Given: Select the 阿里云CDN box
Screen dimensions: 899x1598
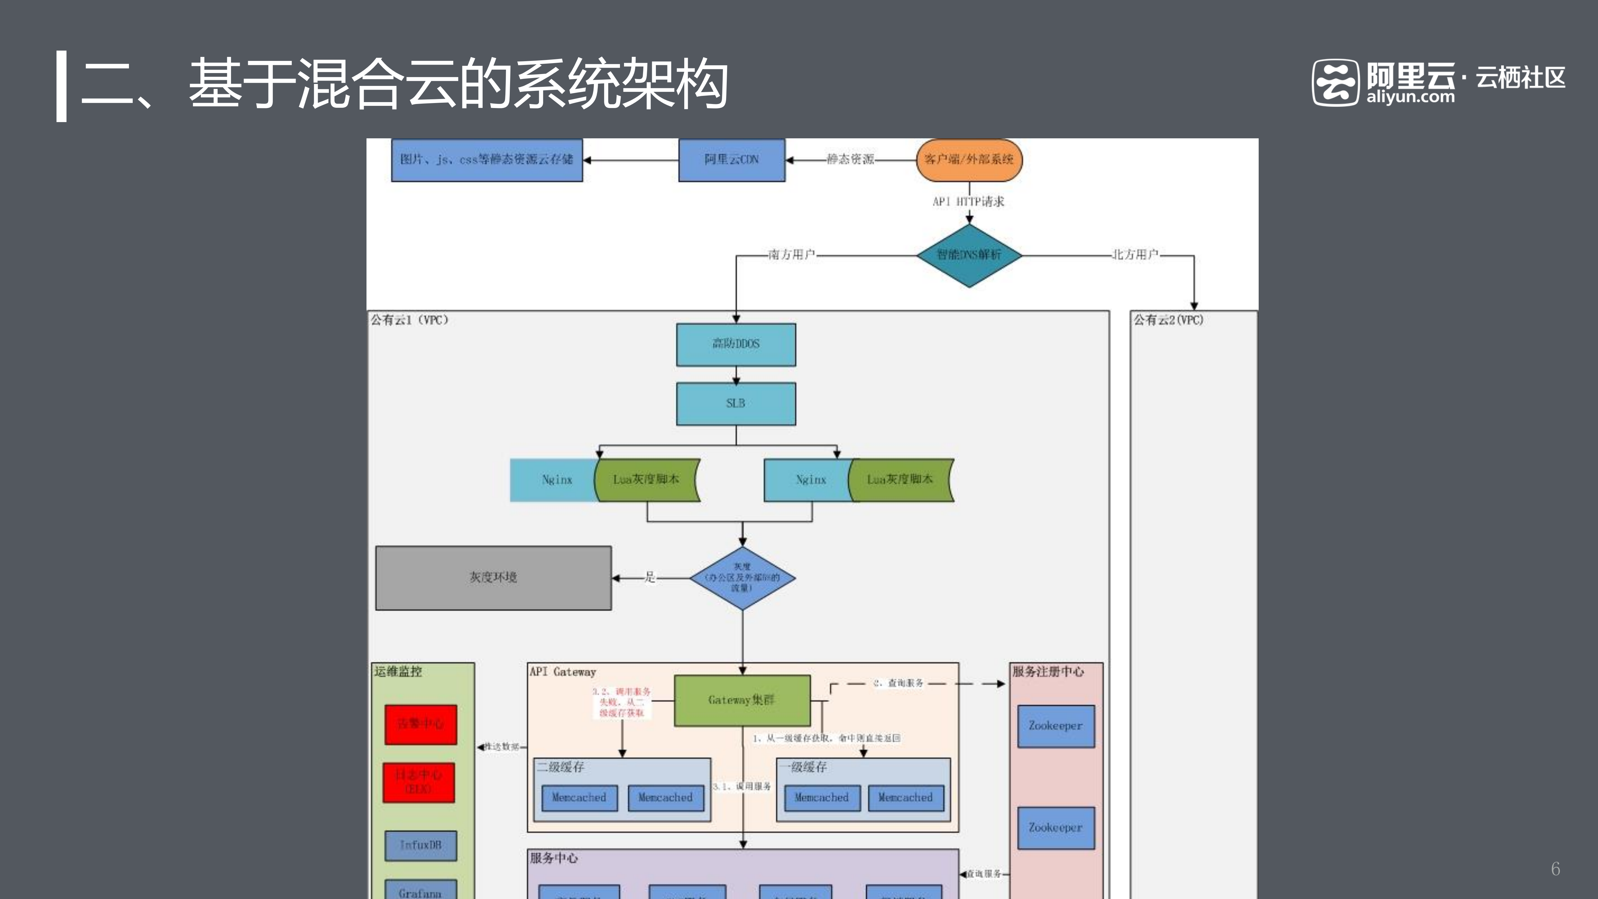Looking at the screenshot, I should click(731, 160).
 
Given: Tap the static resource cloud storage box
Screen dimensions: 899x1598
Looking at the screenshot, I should click(486, 160).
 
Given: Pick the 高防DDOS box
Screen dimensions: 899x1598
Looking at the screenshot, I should click(736, 344).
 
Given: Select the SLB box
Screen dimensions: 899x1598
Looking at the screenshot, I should click(736, 403).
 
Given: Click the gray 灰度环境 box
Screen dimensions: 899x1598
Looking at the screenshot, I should click(493, 578).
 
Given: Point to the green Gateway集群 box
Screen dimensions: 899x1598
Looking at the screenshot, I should click(742, 700).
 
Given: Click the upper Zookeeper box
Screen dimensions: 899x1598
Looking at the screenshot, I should click(1055, 725).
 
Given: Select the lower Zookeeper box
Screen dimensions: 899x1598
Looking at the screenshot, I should click(1055, 828).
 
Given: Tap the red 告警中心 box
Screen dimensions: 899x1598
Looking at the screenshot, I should click(420, 724).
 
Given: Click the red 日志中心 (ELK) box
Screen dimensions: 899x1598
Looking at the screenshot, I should click(419, 782).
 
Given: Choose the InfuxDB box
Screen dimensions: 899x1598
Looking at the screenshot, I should click(420, 845).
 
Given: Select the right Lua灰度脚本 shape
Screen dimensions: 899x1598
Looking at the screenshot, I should click(900, 480).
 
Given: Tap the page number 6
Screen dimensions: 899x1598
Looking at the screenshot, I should click(1555, 869).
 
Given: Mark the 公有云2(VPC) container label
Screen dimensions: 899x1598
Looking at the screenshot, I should click(1168, 320).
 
